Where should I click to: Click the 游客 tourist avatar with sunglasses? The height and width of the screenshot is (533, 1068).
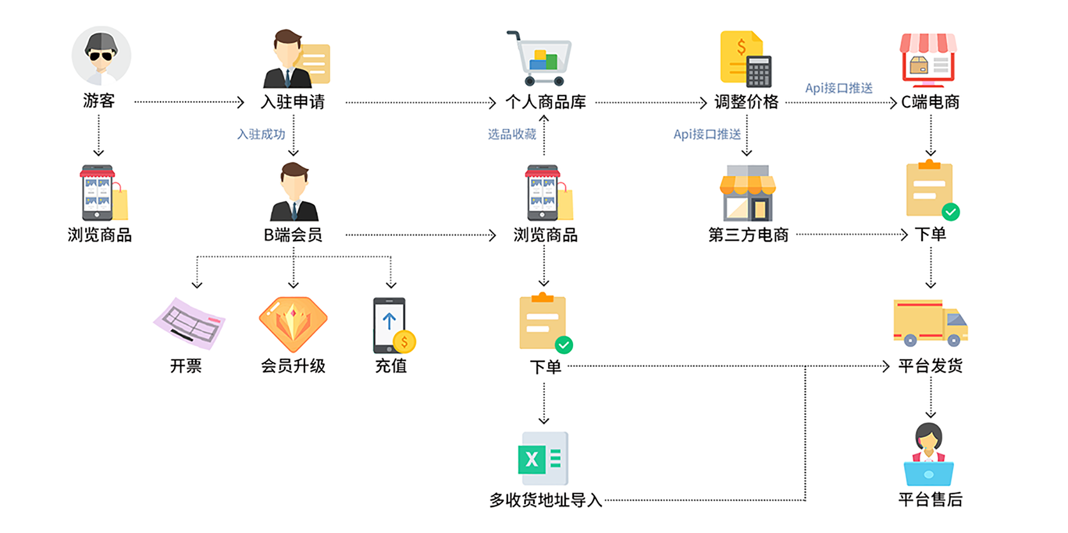click(x=101, y=56)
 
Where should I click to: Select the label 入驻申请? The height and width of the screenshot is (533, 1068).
click(x=292, y=102)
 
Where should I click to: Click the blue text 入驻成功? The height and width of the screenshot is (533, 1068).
click(x=261, y=134)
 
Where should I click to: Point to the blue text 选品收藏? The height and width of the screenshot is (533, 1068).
click(x=512, y=134)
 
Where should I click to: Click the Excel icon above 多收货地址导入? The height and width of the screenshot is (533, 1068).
click(x=543, y=458)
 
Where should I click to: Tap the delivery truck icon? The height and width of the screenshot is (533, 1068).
click(x=930, y=323)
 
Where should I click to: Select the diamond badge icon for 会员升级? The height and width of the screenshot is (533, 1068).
click(x=293, y=324)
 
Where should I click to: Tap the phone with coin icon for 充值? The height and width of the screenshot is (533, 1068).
click(x=393, y=325)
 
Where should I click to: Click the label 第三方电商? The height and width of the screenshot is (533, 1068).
click(x=748, y=234)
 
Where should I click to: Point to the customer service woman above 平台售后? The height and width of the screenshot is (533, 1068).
click(x=929, y=454)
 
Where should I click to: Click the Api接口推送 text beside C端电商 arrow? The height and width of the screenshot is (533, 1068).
click(x=838, y=88)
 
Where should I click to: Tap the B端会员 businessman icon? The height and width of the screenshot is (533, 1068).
click(x=294, y=192)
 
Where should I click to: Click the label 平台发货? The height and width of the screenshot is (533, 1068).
click(x=930, y=366)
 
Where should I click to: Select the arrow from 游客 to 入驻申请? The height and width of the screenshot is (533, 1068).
click(x=189, y=102)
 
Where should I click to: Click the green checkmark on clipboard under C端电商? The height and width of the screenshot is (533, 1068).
click(x=951, y=212)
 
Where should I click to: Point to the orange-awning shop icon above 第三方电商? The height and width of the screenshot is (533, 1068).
click(x=748, y=193)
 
